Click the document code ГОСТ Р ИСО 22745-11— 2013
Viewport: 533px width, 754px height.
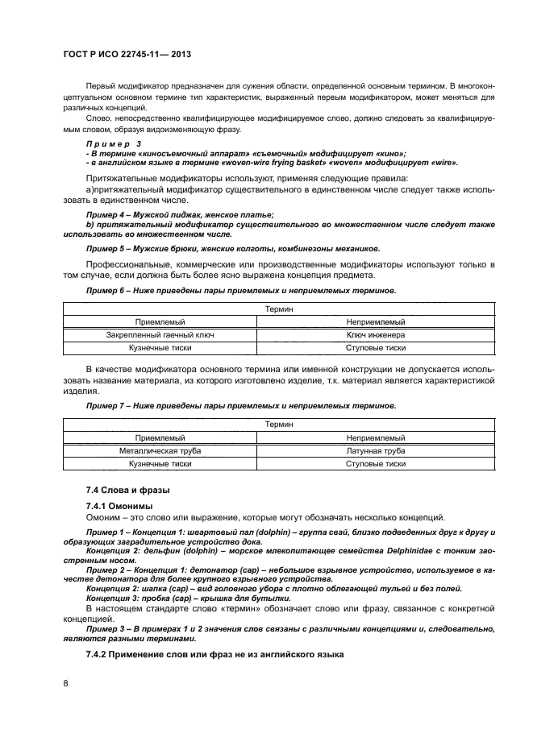pyautogui.click(x=126, y=55)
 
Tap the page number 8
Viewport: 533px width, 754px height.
pyautogui.click(x=65, y=683)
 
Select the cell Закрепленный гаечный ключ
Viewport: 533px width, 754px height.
pyautogui.click(x=160, y=334)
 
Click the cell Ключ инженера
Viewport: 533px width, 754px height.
pyautogui.click(x=375, y=334)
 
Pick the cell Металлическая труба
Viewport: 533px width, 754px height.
pyautogui.click(x=160, y=451)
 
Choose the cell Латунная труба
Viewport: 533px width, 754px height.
pyautogui.click(x=375, y=451)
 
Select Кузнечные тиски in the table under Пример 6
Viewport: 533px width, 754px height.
pyautogui.click(x=160, y=348)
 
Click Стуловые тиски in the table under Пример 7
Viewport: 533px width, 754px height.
pyautogui.click(x=375, y=465)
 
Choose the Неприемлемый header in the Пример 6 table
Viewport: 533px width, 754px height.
pyautogui.click(x=375, y=321)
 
